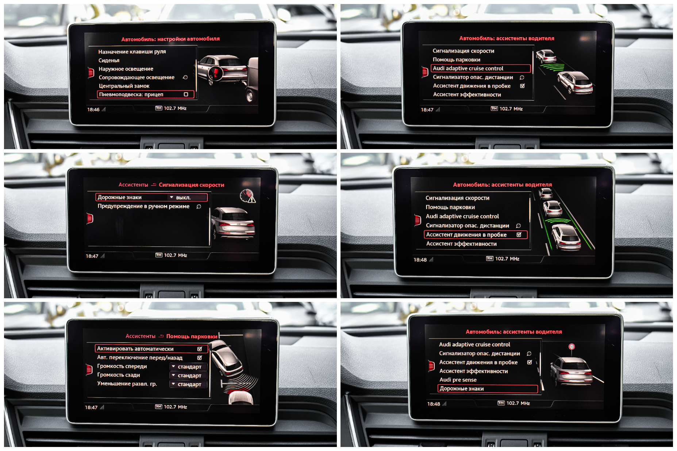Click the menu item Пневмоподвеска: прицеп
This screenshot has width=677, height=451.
131,94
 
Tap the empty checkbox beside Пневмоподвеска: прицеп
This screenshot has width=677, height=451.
186,94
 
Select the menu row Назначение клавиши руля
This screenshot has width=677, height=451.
132,52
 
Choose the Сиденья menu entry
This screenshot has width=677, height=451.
109,61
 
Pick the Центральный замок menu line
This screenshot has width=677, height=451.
124,86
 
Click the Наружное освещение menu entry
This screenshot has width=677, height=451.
126,69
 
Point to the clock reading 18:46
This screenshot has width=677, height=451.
93,109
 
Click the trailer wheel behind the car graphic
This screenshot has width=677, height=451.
250,96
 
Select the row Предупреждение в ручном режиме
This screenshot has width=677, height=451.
143,206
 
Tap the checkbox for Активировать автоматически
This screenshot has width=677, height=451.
200,349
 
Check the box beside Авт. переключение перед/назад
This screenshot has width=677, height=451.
200,358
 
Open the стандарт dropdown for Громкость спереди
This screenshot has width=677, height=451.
189,367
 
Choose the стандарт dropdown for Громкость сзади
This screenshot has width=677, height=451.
189,376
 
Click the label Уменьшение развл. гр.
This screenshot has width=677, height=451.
127,384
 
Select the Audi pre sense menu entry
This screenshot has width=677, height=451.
458,380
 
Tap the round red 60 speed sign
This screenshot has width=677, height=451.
572,347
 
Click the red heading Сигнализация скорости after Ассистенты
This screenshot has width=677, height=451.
192,185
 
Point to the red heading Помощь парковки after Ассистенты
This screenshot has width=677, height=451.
192,337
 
